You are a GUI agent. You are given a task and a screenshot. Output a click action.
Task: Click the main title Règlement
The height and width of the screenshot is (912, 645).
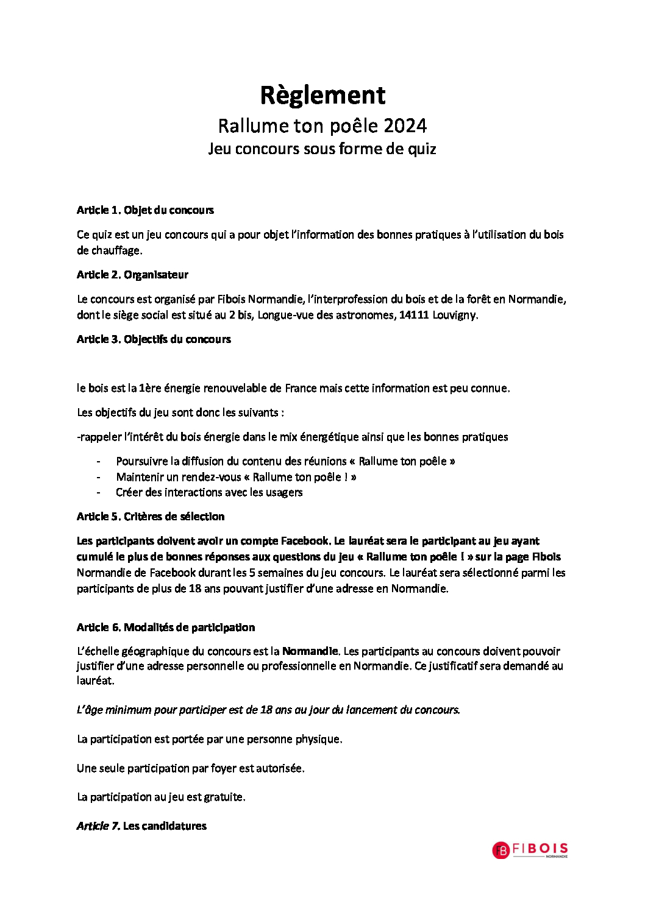322,96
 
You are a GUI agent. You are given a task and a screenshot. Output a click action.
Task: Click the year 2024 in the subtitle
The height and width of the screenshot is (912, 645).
405,126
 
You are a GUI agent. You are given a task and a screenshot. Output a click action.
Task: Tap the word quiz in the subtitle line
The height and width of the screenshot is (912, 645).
422,149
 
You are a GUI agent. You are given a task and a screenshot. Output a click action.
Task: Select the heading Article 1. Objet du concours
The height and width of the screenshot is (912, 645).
145,210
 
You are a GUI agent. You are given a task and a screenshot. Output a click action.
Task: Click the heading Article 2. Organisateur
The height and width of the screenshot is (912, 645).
132,275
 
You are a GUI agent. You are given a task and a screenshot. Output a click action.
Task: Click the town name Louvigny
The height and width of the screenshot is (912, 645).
455,315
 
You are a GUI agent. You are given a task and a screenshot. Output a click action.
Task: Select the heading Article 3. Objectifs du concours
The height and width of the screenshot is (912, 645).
154,339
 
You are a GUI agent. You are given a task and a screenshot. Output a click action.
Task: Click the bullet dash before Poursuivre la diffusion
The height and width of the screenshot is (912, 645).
99,462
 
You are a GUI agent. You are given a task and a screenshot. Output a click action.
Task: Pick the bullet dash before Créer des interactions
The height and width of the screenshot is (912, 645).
99,492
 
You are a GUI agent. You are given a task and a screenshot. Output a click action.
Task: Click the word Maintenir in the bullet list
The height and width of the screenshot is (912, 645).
140,477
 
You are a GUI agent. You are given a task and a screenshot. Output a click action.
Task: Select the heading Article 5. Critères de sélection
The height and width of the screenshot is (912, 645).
151,517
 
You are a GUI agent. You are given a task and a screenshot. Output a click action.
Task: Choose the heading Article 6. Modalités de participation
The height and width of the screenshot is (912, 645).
166,627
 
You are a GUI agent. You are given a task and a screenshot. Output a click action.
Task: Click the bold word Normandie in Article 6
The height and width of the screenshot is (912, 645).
310,651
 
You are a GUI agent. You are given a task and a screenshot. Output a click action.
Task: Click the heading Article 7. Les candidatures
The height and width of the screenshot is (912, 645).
141,826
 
